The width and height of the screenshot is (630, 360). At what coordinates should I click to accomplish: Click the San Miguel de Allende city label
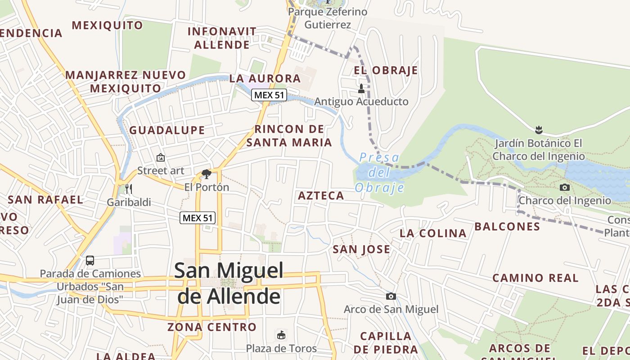click(x=229, y=283)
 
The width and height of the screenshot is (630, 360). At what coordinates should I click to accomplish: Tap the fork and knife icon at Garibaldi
click(x=129, y=189)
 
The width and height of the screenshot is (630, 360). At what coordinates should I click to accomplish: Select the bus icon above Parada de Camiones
click(x=90, y=260)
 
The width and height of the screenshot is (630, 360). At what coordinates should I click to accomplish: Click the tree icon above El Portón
click(x=207, y=174)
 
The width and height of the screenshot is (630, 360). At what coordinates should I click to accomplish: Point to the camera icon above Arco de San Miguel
click(x=391, y=296)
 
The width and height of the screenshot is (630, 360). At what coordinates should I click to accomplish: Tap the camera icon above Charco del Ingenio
click(x=565, y=187)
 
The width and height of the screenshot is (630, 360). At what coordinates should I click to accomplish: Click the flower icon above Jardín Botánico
click(x=539, y=130)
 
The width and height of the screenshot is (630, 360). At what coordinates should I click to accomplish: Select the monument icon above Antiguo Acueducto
click(x=361, y=89)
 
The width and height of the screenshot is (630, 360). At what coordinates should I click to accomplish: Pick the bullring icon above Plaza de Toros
click(x=281, y=335)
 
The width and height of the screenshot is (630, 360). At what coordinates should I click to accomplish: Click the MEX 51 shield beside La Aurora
click(x=269, y=95)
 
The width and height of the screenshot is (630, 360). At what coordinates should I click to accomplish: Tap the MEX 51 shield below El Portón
click(x=198, y=218)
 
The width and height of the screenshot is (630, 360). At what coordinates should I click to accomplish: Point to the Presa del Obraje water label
click(x=379, y=172)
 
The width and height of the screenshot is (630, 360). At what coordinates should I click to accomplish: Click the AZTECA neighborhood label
click(x=321, y=196)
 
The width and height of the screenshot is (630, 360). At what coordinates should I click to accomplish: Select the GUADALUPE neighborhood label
click(x=167, y=130)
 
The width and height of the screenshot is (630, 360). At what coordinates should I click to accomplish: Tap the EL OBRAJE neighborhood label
click(x=386, y=71)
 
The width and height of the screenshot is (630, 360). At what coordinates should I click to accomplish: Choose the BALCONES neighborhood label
click(x=507, y=226)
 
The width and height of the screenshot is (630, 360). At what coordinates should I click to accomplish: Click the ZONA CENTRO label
click(x=212, y=327)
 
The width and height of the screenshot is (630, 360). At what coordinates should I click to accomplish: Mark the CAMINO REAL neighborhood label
click(x=535, y=278)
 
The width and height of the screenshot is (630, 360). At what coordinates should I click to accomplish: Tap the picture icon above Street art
click(x=160, y=157)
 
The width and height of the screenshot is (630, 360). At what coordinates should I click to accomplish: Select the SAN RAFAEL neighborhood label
click(x=46, y=200)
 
